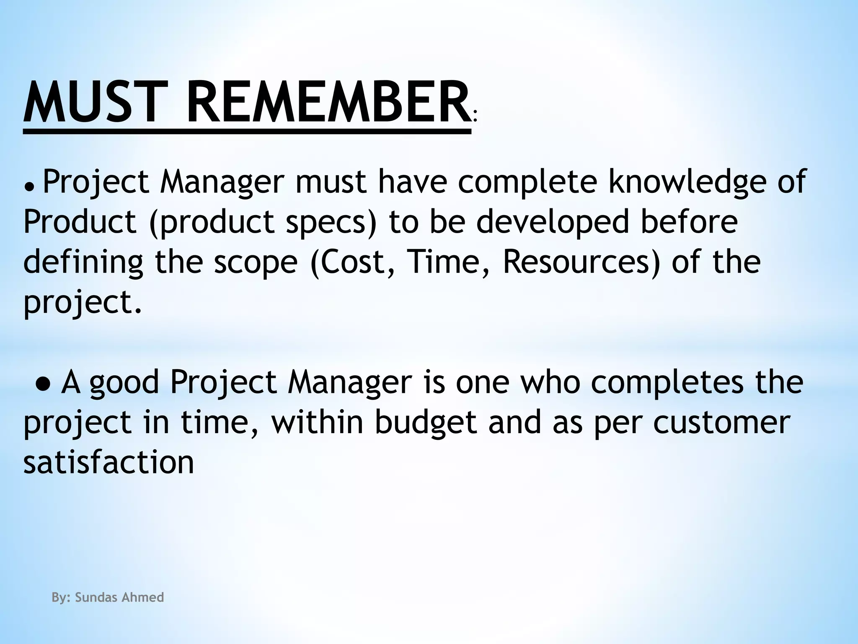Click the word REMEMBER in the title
328,103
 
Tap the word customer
721,423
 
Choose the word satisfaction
109,462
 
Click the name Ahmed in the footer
142,597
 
